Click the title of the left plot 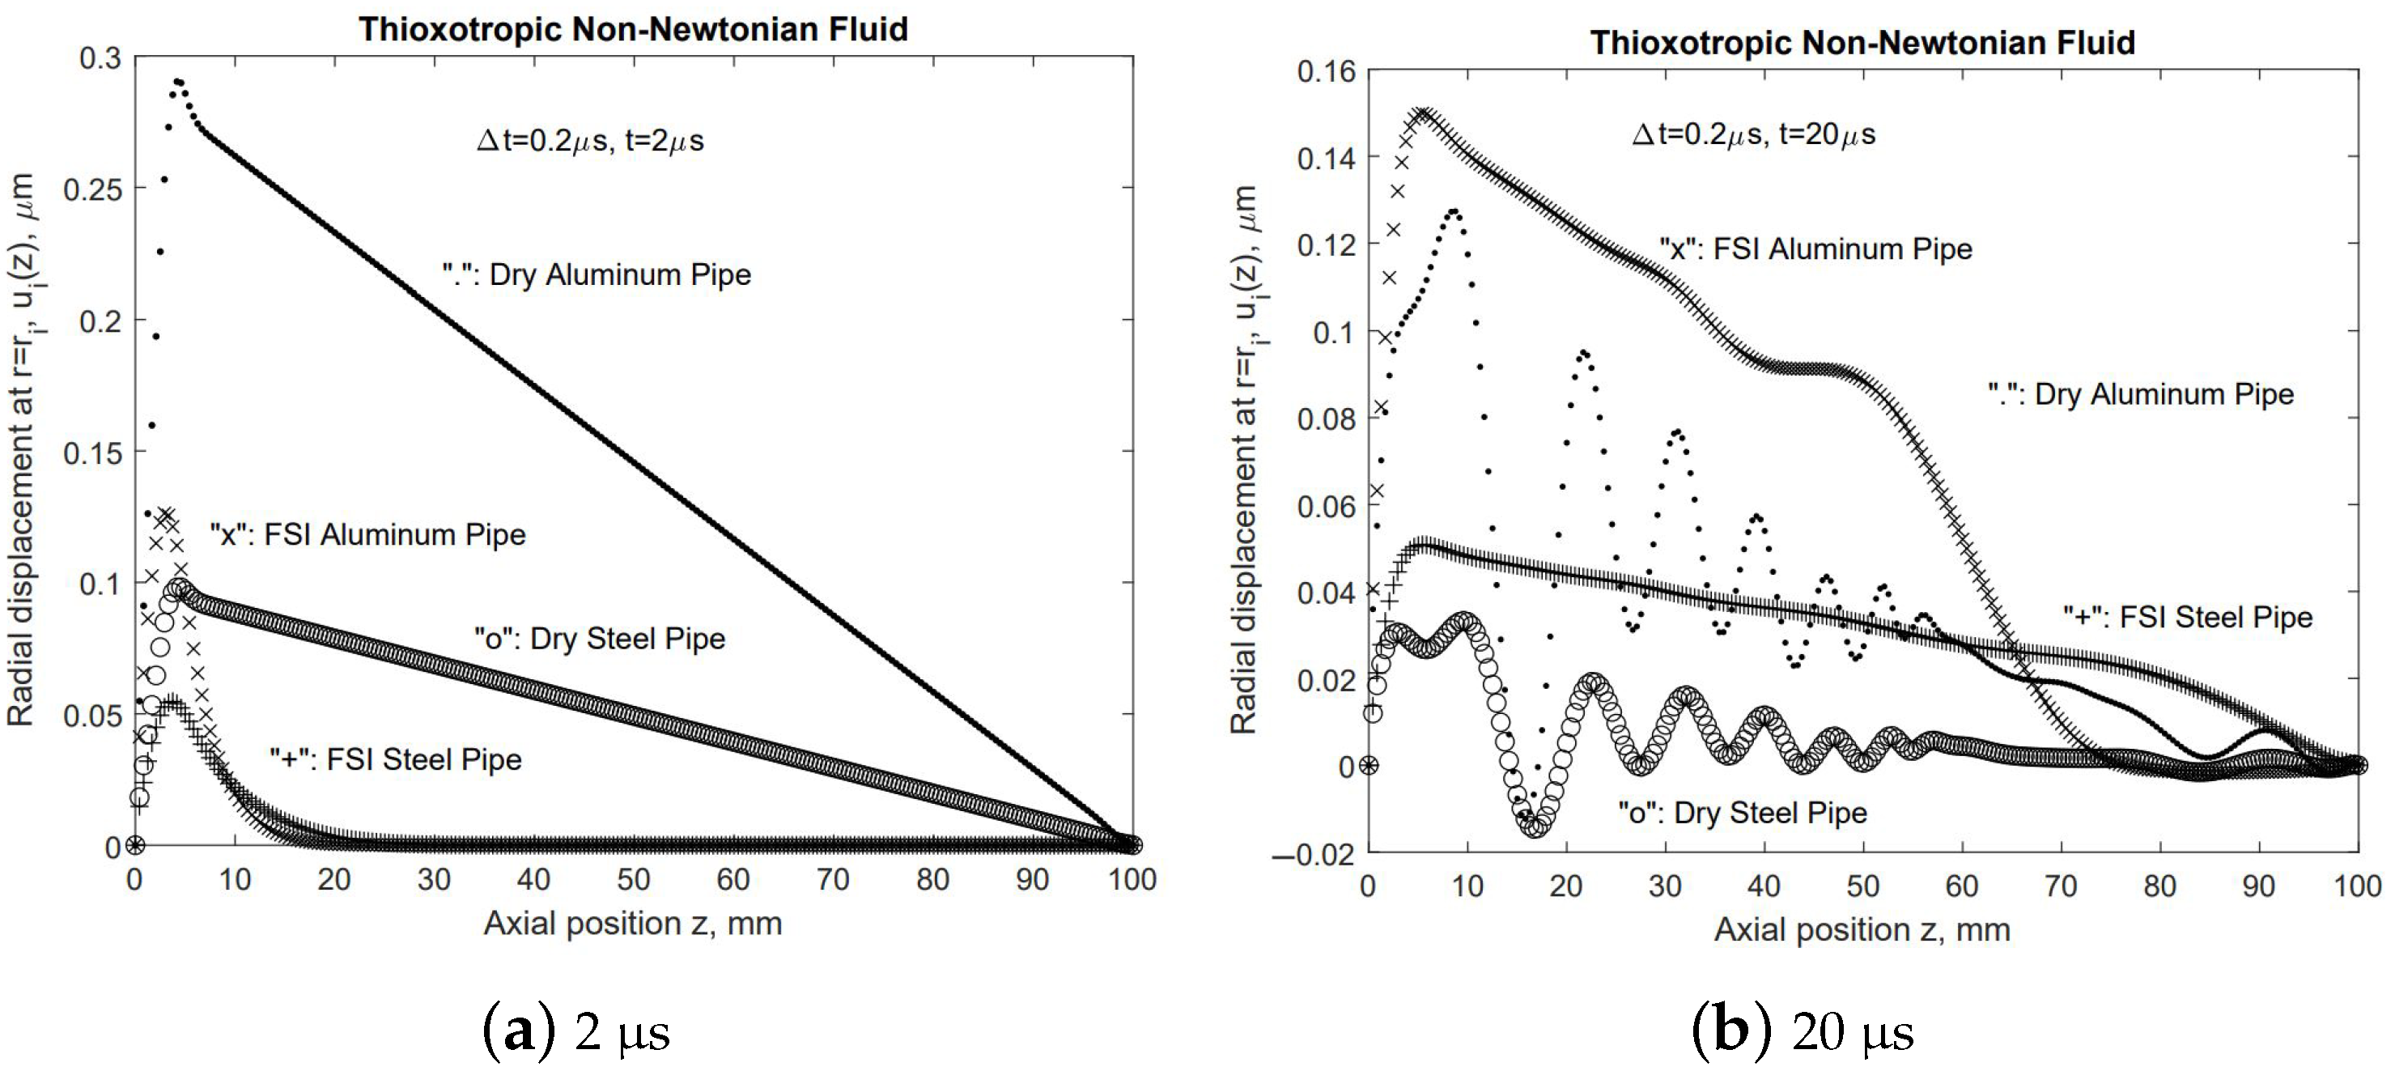click(633, 29)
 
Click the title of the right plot click(1862, 42)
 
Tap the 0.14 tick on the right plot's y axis click(1326, 159)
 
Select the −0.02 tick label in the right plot click(1313, 855)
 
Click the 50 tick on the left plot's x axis click(633, 880)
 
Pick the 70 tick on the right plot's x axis click(2060, 886)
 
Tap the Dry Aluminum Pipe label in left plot click(596, 274)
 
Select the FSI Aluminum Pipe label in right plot click(1815, 249)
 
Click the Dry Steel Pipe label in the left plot click(600, 639)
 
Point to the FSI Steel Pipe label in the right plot click(2188, 617)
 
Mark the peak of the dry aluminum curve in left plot click(177, 82)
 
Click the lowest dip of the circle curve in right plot click(1535, 826)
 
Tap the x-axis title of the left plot click(632, 924)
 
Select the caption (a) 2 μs click(575, 1031)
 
